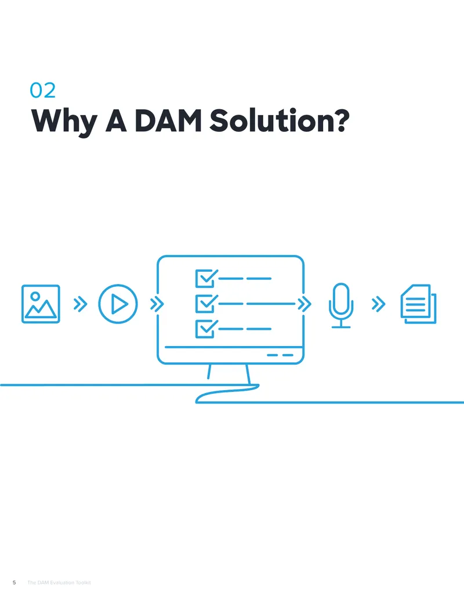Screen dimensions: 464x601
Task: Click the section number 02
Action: (43, 91)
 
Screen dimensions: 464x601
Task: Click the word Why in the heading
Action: (64, 122)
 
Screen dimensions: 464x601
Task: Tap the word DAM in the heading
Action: (168, 121)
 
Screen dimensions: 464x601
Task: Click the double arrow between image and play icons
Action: (81, 304)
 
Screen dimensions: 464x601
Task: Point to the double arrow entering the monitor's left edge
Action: (157, 304)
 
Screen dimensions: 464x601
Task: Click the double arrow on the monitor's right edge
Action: (304, 304)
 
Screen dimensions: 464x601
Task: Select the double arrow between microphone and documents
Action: (379, 304)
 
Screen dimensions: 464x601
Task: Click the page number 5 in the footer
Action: (14, 582)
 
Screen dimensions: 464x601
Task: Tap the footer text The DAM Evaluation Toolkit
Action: (59, 582)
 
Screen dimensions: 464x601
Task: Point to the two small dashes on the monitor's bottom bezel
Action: (280, 355)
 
